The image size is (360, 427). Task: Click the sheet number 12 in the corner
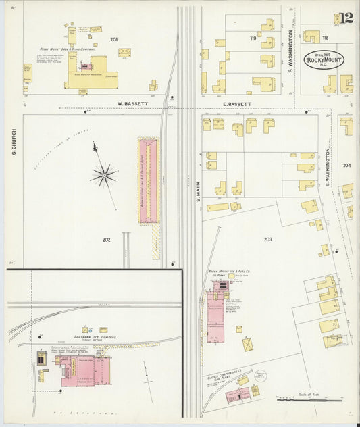pos(346,18)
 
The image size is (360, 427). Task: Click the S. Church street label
pos(14,142)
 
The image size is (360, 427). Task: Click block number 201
pos(114,40)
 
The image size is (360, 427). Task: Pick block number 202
pos(106,239)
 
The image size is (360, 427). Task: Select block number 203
pos(267,239)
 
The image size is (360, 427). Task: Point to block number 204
pos(346,165)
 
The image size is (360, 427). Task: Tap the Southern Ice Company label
pos(95,336)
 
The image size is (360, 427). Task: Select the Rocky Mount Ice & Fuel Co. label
pos(230,272)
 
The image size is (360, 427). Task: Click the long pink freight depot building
pos(148,181)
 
